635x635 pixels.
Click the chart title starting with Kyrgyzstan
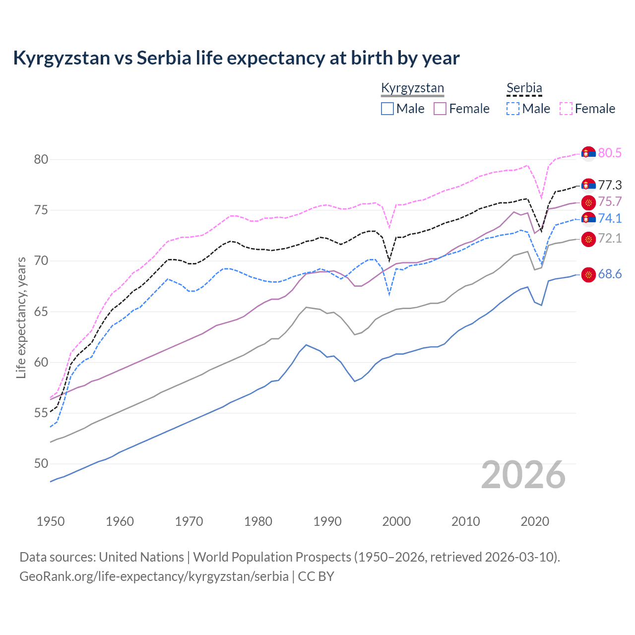236,58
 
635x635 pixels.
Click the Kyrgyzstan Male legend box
387,109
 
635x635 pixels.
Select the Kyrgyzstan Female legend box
440,109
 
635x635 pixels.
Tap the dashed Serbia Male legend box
513,109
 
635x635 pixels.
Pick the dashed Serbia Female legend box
566,109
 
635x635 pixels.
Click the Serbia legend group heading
524,88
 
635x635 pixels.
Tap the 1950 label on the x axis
51,521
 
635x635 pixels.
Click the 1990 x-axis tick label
327,521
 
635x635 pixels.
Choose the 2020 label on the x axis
535,521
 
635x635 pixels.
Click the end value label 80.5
610,153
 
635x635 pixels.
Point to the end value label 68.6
610,274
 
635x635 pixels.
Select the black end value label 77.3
610,186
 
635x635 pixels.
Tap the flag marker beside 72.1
588,239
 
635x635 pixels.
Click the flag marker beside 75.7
588,202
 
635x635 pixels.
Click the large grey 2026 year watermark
523,475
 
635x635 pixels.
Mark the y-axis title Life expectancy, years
21,318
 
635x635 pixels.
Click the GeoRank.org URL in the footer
154,576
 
